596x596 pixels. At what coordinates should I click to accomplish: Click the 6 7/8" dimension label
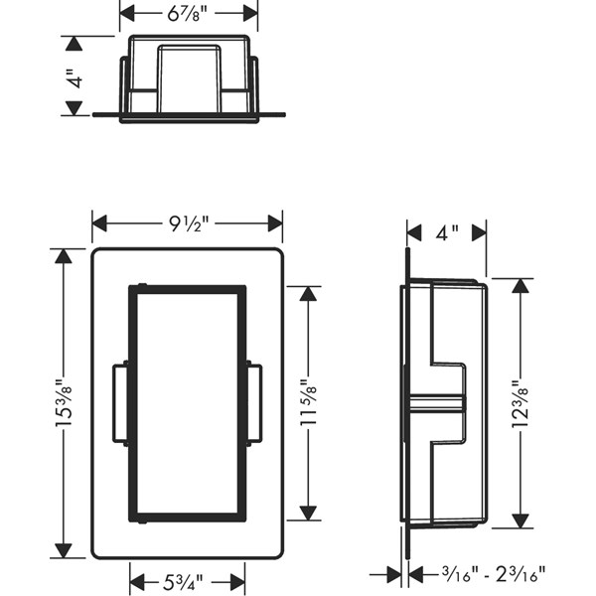point(187,14)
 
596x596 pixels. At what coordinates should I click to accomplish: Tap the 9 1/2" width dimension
point(189,223)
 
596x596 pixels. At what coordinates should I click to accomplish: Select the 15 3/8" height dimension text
point(64,403)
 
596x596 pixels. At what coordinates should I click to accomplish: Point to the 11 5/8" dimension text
point(308,402)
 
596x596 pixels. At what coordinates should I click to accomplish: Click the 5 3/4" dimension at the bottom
point(183,582)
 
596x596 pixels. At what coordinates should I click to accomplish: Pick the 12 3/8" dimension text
point(521,403)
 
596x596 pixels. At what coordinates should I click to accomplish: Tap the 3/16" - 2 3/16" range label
point(494,574)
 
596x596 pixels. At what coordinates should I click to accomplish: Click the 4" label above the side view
point(447,232)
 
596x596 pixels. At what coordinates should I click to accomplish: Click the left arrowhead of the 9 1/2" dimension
point(99,223)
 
